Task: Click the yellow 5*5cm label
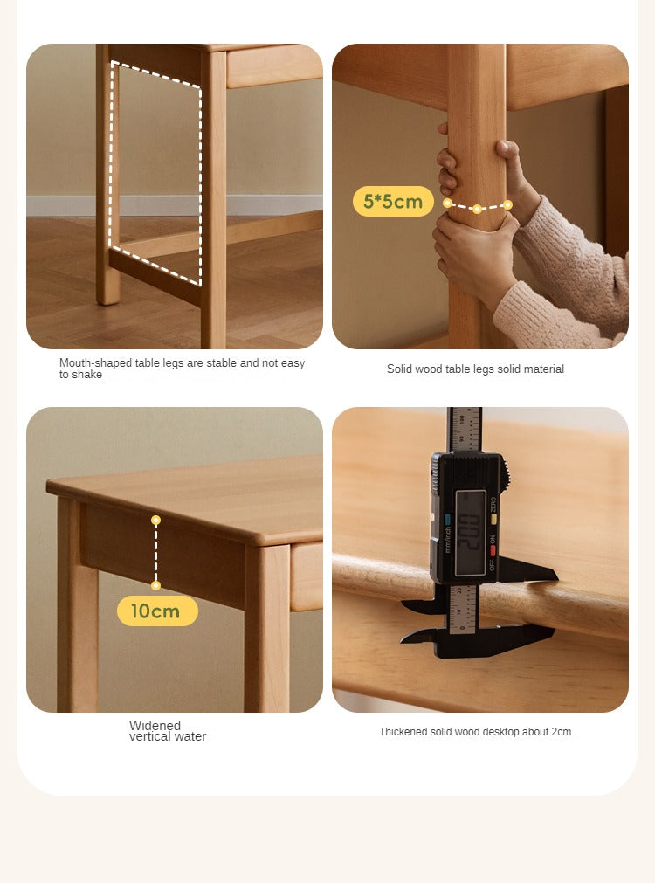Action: coord(393,202)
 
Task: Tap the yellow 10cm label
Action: coord(157,611)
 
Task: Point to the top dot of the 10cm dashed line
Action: coord(156,520)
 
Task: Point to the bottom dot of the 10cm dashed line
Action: coord(156,585)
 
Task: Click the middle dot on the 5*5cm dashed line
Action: coord(477,209)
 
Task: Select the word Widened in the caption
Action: coord(155,726)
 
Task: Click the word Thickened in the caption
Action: coord(403,732)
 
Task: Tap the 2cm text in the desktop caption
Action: coord(560,732)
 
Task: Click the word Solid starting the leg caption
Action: coord(400,369)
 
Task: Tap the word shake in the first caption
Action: coord(87,375)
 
